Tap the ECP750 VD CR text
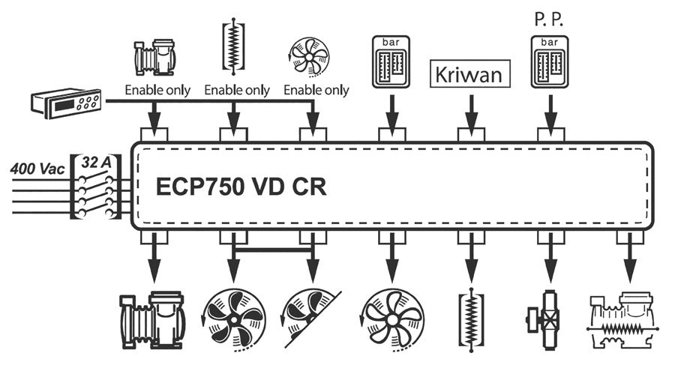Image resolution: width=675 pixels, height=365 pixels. coord(241,186)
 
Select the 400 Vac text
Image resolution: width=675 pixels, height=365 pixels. coord(37,169)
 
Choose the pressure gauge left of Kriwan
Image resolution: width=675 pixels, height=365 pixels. coord(391,61)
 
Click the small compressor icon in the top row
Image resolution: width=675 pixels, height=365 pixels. coord(154,58)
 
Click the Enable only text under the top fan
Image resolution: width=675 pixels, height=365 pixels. coord(316,91)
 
